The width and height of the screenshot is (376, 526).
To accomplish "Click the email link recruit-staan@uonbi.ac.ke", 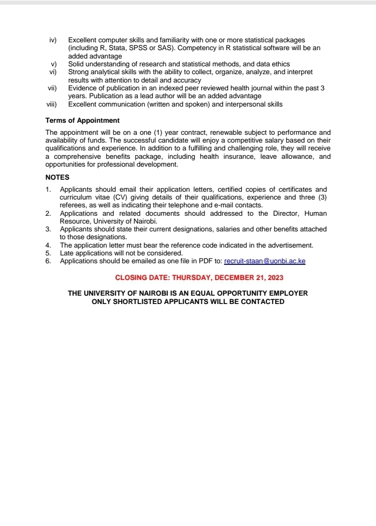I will (x=264, y=261).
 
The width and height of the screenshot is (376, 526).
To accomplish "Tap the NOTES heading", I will (x=57, y=177).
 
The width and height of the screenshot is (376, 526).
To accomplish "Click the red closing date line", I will (x=199, y=277).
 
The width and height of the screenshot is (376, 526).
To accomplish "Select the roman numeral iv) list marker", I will (x=52, y=40).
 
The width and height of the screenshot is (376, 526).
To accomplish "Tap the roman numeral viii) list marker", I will (x=51, y=104).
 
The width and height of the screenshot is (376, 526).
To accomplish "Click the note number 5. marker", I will (x=48, y=253).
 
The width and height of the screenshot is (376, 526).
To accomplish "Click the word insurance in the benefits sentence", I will (x=239, y=157).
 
